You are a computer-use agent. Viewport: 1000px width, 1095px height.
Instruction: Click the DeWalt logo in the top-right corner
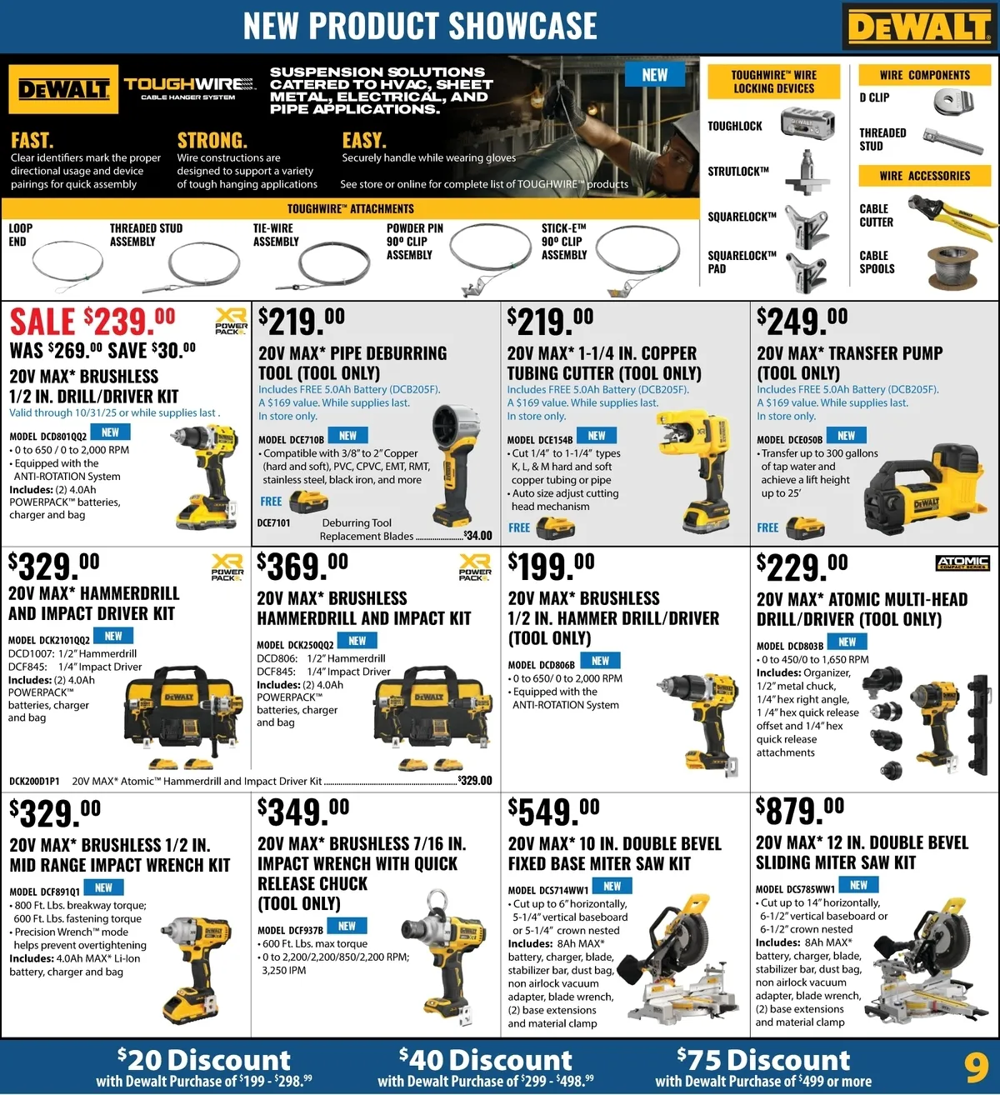[x=920, y=26]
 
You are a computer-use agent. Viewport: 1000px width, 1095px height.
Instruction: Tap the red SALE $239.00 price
[x=92, y=321]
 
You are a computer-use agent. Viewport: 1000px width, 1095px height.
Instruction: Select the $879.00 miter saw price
[x=800, y=812]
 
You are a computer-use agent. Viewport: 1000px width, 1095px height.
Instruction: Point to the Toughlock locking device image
[x=807, y=123]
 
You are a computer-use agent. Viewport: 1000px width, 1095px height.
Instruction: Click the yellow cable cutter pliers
[x=952, y=217]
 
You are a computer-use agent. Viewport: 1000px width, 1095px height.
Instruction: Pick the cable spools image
[x=952, y=267]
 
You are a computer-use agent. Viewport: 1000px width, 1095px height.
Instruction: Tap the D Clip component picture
[x=953, y=102]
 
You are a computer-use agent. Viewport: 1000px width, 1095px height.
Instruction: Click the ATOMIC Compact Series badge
[x=962, y=562]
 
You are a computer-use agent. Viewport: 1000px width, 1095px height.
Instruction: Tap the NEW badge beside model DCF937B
[x=347, y=926]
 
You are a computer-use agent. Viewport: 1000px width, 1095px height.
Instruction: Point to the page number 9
[x=976, y=1068]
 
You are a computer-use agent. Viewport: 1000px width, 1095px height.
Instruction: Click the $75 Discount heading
[x=763, y=1059]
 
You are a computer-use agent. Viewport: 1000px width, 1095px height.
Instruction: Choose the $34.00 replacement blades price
[x=477, y=536]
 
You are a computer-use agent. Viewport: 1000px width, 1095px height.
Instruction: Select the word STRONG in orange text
[x=212, y=141]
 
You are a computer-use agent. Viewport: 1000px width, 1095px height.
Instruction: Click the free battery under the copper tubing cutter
[x=556, y=527]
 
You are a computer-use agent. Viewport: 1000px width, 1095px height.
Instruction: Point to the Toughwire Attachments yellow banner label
[x=351, y=208]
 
